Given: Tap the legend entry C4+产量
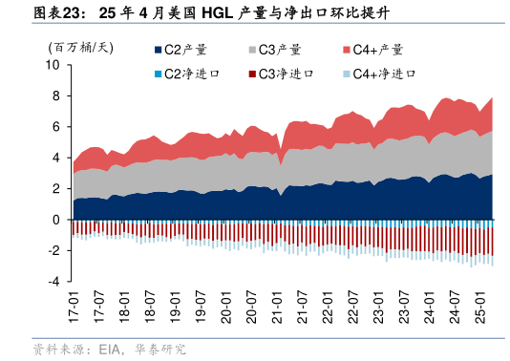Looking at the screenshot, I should [x=378, y=50].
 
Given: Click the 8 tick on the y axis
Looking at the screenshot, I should [x=56, y=96].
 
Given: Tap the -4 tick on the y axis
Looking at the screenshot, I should [x=54, y=282].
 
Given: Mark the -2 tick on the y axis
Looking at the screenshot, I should [x=54, y=250].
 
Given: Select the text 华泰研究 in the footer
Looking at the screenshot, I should [x=159, y=350].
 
